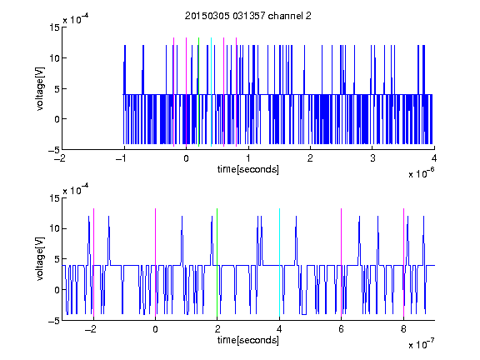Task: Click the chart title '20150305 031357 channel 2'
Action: tap(248, 16)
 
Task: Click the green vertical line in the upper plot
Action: tap(198, 92)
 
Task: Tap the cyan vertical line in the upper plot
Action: tap(211, 92)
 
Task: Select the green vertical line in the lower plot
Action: tap(217, 262)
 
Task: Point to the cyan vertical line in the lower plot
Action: tap(279, 262)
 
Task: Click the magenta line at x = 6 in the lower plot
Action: tap(342, 262)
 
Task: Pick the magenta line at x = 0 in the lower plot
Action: tap(155, 262)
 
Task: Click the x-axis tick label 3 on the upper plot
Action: tap(372, 158)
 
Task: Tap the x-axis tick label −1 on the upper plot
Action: tap(122, 158)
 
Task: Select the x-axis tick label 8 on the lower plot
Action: tap(403, 329)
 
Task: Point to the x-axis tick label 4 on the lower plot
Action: tap(279, 329)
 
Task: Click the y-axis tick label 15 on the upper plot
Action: tap(55, 27)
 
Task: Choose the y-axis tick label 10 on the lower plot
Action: tap(55, 228)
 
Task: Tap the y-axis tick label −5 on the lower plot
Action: tap(54, 321)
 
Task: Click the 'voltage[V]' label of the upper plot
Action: tap(40, 88)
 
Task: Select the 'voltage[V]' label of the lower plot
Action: tap(40, 258)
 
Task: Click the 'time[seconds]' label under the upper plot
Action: tap(248, 169)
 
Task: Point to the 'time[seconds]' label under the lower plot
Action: tap(248, 340)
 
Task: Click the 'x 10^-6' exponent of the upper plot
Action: tap(421, 173)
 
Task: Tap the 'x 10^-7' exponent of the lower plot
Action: tap(421, 344)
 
